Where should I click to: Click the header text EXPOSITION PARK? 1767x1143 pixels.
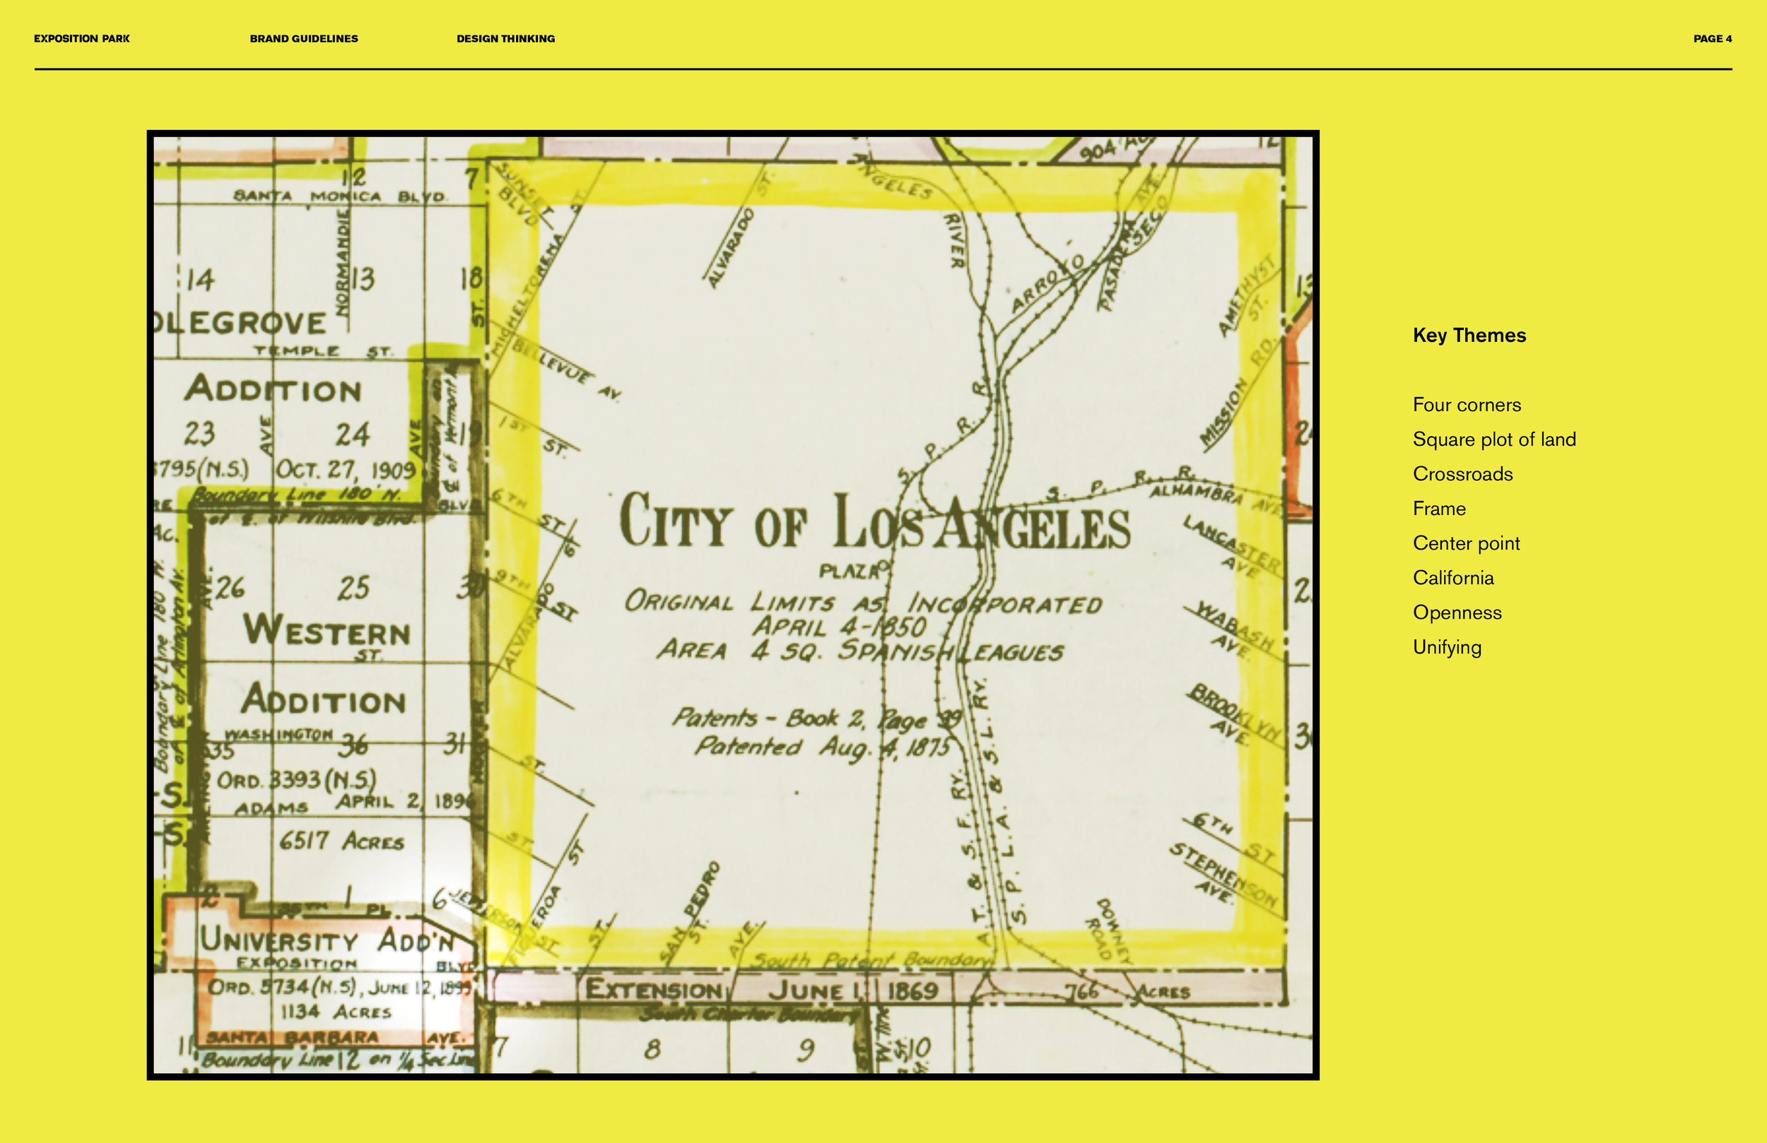coord(82,39)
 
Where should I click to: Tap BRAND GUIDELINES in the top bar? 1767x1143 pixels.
coord(304,39)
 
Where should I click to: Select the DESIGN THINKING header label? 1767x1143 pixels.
coord(505,39)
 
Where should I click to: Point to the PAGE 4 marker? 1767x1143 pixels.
coord(1712,39)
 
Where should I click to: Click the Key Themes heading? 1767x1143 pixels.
coord(1469,336)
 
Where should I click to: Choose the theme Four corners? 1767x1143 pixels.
coord(1467,405)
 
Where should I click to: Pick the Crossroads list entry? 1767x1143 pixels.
coord(1462,474)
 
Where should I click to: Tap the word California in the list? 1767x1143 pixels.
coord(1453,578)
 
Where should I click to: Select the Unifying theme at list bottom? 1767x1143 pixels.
coord(1446,647)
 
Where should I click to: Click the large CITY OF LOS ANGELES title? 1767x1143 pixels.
coord(874,523)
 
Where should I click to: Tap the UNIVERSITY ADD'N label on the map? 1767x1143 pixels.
coord(327,941)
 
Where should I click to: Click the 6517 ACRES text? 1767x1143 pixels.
coord(341,841)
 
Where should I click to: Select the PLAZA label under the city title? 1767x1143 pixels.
coord(851,571)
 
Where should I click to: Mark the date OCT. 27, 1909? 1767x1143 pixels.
coord(345,470)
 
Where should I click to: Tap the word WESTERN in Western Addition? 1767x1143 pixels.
coord(327,631)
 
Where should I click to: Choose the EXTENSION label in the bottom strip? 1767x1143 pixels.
coord(653,990)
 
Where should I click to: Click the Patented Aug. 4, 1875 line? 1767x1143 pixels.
coord(822,747)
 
